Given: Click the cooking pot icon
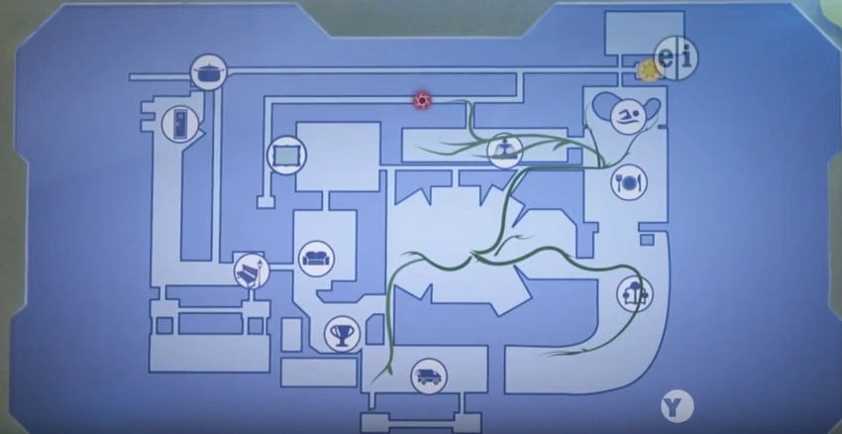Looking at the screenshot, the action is [x=208, y=72].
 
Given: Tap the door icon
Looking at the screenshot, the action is [x=180, y=124].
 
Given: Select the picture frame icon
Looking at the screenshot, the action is [x=286, y=156].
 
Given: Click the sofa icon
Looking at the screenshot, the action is [x=316, y=259].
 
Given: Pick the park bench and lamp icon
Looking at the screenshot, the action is [x=252, y=271].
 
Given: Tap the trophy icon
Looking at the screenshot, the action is [x=342, y=334].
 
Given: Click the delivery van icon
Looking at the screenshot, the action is [x=429, y=376].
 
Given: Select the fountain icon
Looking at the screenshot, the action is [x=505, y=151].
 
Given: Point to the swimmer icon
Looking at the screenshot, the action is [x=628, y=117].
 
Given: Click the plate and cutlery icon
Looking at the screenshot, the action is [x=629, y=182].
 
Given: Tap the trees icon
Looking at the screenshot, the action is [x=635, y=294].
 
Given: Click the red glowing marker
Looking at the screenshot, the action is [x=422, y=100].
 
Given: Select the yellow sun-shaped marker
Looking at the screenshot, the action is [x=648, y=70].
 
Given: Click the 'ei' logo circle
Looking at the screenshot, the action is [x=676, y=58].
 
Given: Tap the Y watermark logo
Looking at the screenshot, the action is [x=677, y=406].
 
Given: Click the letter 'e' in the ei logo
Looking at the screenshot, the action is [x=667, y=57].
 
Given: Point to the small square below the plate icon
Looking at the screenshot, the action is [x=647, y=240].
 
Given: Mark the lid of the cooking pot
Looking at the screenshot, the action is [x=208, y=66].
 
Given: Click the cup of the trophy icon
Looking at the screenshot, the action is [x=342, y=329].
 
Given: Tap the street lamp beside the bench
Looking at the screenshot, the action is [x=260, y=271].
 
